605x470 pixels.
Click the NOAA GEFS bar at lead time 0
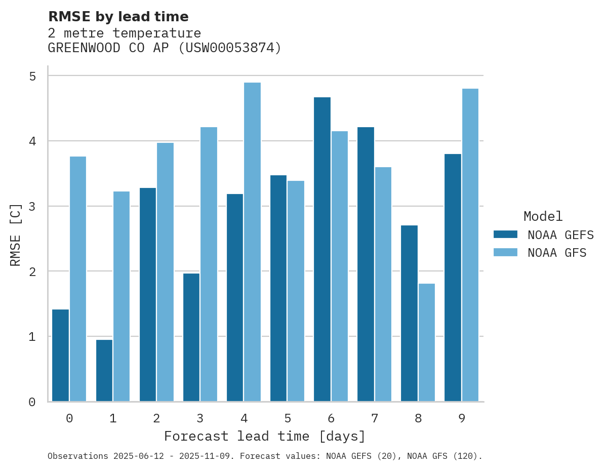click(60, 356)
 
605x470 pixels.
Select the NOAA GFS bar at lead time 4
click(252, 242)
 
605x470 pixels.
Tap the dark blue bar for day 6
click(322, 249)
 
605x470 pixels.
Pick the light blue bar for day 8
click(427, 342)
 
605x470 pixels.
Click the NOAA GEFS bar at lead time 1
click(104, 371)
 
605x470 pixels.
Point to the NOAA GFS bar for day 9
click(470, 245)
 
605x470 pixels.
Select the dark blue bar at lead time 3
click(191, 337)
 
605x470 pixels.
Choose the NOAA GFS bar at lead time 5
click(296, 291)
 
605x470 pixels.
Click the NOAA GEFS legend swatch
click(505, 234)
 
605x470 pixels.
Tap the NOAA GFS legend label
click(557, 253)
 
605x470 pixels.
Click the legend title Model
click(543, 217)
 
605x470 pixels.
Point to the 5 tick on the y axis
click(32, 76)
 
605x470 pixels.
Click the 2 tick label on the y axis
click(32, 271)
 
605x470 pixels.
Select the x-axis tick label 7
click(375, 418)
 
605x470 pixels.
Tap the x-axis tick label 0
click(69, 418)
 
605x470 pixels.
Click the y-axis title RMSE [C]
click(16, 234)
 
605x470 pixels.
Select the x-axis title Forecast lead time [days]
click(264, 436)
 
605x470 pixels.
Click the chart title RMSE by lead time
click(118, 17)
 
